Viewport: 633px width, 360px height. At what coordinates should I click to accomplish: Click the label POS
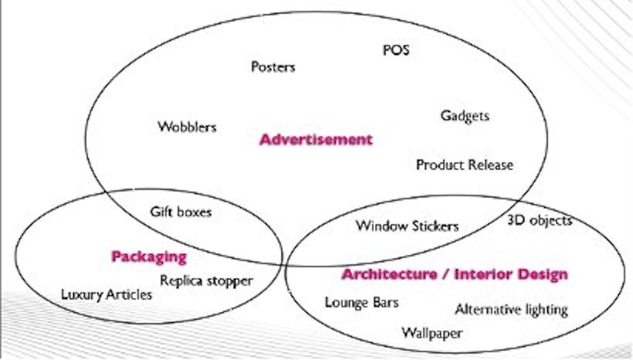pyautogui.click(x=396, y=50)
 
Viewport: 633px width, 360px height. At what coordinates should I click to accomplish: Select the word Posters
pyautogui.click(x=273, y=67)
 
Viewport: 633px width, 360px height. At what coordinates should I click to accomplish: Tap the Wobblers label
pyautogui.click(x=187, y=127)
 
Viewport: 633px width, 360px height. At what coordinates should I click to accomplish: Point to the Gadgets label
pyautogui.click(x=465, y=116)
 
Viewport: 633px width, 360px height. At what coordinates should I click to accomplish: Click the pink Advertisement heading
pyautogui.click(x=316, y=140)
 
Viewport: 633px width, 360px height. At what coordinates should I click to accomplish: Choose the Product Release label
pyautogui.click(x=464, y=165)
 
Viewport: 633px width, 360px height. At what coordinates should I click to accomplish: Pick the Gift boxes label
pyautogui.click(x=180, y=211)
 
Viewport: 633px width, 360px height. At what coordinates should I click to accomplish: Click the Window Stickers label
pyautogui.click(x=407, y=226)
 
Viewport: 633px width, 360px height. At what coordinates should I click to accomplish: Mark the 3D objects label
pyautogui.click(x=540, y=220)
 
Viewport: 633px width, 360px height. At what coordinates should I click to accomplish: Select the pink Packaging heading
pyautogui.click(x=149, y=256)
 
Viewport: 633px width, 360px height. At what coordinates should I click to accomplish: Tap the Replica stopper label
pyautogui.click(x=206, y=280)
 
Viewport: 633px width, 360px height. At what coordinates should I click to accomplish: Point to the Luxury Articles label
pyautogui.click(x=107, y=294)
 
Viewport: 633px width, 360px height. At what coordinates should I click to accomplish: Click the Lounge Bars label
pyautogui.click(x=361, y=302)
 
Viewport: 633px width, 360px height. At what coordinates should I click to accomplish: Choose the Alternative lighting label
pyautogui.click(x=511, y=310)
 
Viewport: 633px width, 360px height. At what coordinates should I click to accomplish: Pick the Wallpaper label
pyautogui.click(x=432, y=333)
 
